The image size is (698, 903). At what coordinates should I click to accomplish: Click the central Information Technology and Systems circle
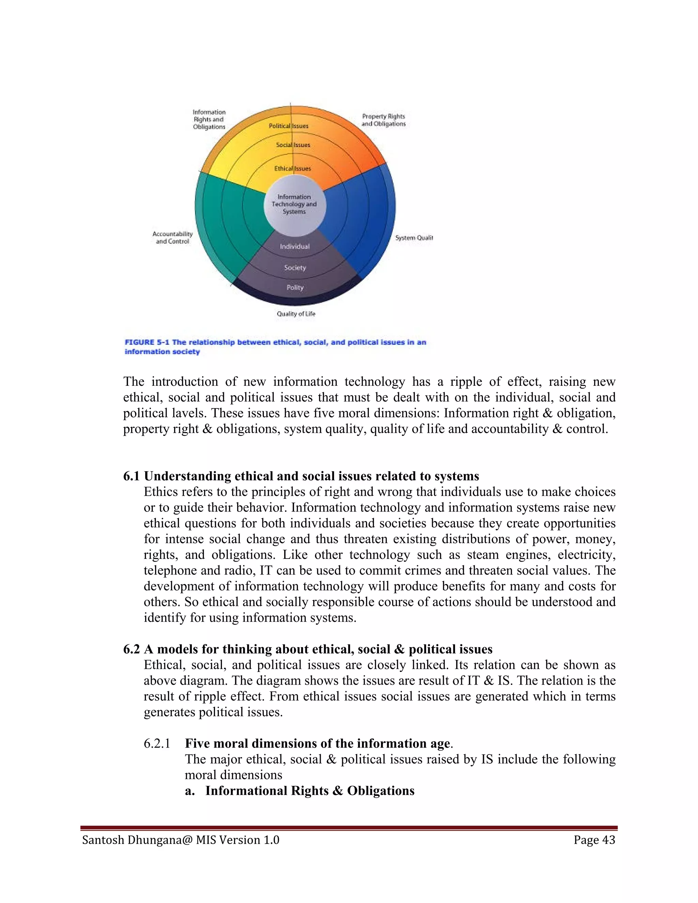[x=294, y=204]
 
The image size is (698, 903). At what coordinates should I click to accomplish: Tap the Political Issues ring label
[x=289, y=126]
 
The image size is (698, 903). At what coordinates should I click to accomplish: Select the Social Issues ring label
[x=293, y=145]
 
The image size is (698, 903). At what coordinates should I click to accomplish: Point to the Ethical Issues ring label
[x=292, y=168]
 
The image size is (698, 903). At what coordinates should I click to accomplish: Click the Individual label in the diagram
[x=294, y=246]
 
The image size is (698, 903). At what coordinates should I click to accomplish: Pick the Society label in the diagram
[x=295, y=267]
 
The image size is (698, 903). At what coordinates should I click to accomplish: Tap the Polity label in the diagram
[x=295, y=287]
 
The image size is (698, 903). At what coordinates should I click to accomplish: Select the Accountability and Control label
[x=172, y=238]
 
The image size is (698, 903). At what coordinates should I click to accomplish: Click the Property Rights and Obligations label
[x=383, y=120]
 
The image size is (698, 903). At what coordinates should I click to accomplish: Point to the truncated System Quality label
[x=413, y=238]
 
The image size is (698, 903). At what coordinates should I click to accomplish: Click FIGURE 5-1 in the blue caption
[x=147, y=342]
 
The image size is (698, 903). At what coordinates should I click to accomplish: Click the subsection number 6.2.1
[x=157, y=744]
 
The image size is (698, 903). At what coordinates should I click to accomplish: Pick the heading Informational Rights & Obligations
[x=309, y=791]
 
